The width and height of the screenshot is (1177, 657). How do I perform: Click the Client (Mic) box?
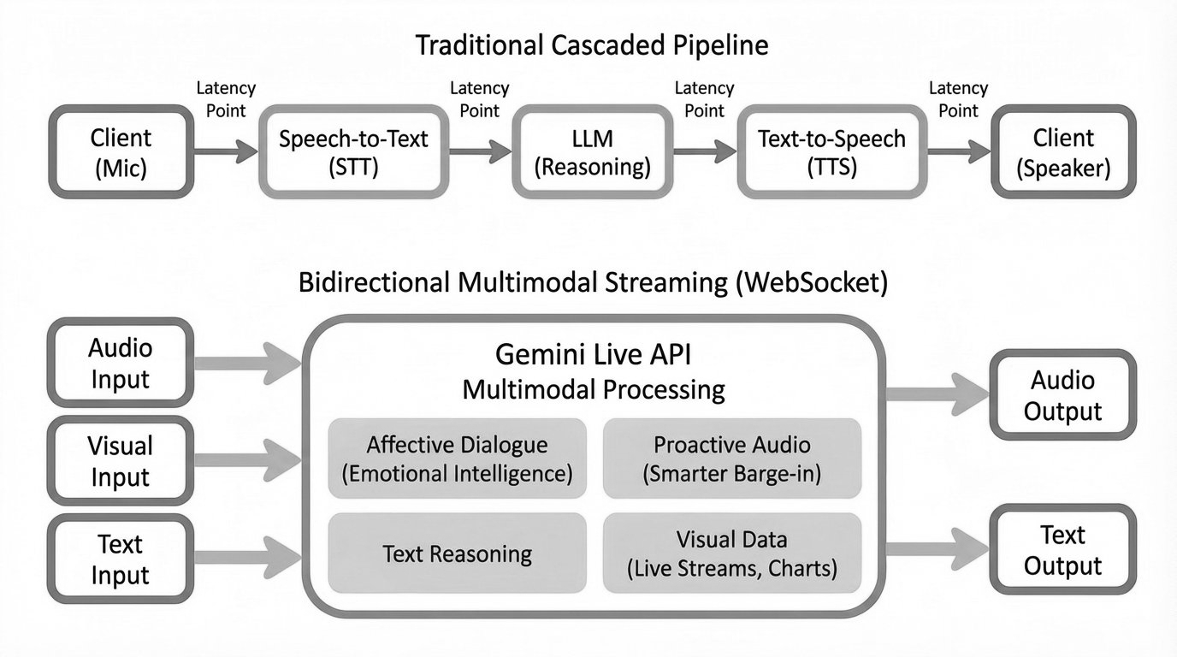[x=121, y=152]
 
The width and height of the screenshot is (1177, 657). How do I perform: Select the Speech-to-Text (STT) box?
[x=353, y=152]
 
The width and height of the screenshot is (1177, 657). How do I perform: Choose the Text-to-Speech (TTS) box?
[x=832, y=152]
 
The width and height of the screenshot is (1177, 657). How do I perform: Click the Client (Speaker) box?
[x=1063, y=152]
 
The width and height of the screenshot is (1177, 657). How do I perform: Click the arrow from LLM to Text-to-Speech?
[x=705, y=152]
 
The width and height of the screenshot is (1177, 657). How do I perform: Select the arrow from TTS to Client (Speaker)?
[x=958, y=152]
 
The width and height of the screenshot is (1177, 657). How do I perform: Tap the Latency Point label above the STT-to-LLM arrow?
[x=479, y=99]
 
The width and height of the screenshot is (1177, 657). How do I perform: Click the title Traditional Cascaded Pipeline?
[x=592, y=45]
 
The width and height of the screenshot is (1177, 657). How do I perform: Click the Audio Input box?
[x=121, y=362]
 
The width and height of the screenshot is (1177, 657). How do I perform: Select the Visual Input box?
[x=121, y=461]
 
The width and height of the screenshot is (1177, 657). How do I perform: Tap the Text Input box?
[x=121, y=559]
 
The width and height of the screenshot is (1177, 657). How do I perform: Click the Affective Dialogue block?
[x=457, y=458]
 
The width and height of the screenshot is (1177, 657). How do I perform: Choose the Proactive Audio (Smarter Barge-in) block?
[x=731, y=458]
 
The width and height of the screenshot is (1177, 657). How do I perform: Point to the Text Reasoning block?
[x=457, y=553]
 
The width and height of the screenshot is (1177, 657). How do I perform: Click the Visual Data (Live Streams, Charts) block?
[x=731, y=553]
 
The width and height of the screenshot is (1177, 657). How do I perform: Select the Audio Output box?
[x=1062, y=394]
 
